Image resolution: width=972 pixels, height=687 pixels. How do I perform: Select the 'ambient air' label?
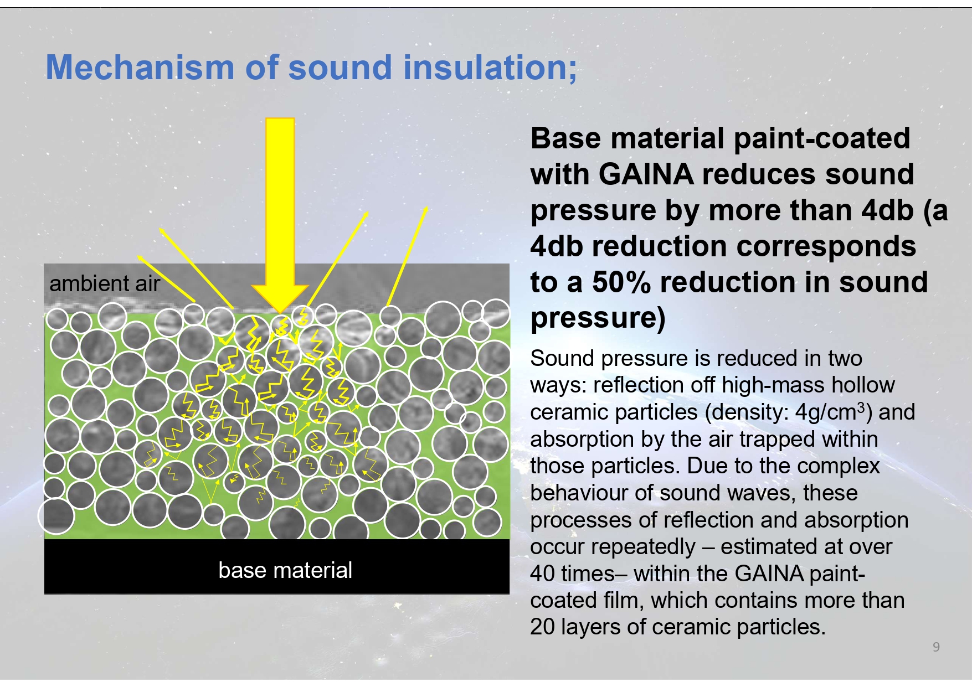pos(104,283)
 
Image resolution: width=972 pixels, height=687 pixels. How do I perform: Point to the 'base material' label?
pos(285,570)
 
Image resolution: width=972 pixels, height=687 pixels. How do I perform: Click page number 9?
pos(936,647)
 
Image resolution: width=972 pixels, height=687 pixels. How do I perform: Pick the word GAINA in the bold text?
pos(646,174)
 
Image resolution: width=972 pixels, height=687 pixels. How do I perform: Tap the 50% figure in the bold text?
pos(621,282)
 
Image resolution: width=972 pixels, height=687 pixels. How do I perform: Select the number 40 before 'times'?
pos(542,574)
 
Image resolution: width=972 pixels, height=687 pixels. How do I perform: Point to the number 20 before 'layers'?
pos(542,627)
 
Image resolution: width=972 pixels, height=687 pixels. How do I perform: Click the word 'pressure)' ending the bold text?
pos(598,318)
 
